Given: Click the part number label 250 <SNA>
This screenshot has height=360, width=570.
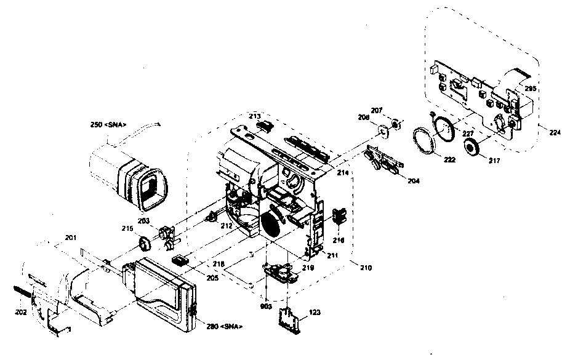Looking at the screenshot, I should (x=108, y=125).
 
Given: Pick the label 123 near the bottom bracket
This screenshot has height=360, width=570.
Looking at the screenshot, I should (x=315, y=313).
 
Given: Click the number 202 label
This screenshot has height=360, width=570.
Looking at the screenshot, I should (x=21, y=311).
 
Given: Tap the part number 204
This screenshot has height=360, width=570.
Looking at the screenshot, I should (x=413, y=181).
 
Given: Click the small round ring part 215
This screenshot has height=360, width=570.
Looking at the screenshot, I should (x=145, y=244).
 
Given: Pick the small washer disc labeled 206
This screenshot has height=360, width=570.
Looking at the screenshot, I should (x=384, y=130).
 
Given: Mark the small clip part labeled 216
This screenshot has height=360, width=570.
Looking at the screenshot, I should (x=337, y=217).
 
